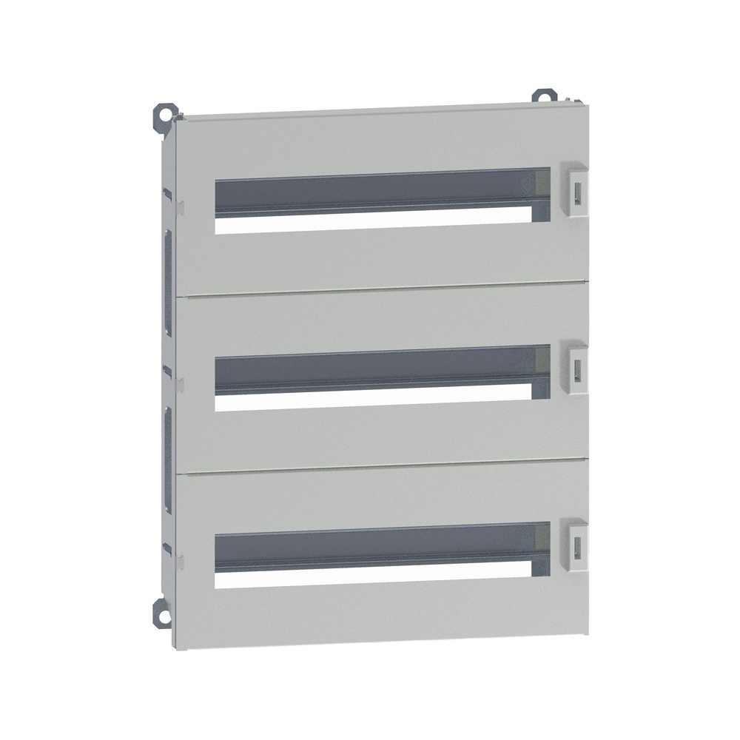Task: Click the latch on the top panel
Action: click(x=575, y=190)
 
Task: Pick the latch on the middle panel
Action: click(x=576, y=366)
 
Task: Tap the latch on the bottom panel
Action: click(x=576, y=544)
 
